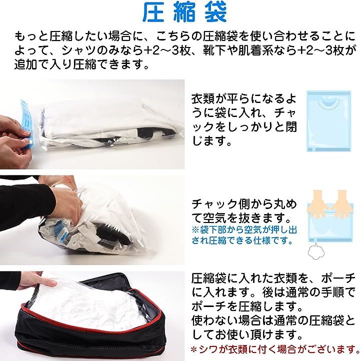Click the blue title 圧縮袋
point(184,13)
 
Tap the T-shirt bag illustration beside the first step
point(329,121)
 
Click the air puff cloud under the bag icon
point(316,251)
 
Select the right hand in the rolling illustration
point(342,203)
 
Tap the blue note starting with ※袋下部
point(244,235)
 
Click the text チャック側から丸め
point(244,204)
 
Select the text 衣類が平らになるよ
point(244,99)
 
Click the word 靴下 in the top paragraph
point(214,50)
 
